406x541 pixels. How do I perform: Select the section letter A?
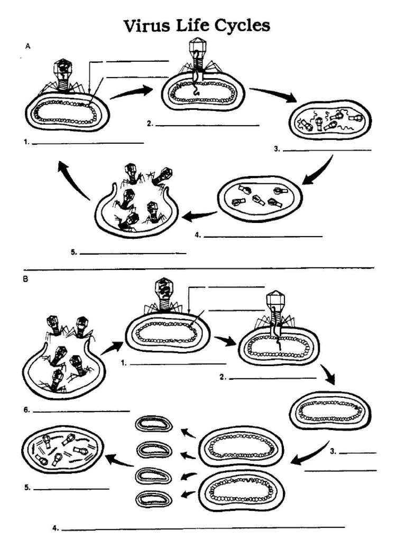(x=28, y=46)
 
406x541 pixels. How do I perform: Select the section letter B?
(x=25, y=279)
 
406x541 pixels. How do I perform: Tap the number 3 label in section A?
(x=276, y=149)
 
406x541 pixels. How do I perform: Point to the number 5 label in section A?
(x=73, y=253)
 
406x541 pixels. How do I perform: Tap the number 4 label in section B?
(x=55, y=527)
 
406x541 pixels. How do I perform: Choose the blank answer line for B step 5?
(x=71, y=488)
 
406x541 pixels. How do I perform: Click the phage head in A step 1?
(x=63, y=68)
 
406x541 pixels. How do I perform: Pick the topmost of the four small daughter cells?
(x=154, y=424)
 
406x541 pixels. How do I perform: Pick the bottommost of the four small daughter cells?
(x=154, y=499)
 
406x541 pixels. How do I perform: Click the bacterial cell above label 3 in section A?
(x=330, y=120)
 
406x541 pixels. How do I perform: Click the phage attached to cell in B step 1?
(x=164, y=297)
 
